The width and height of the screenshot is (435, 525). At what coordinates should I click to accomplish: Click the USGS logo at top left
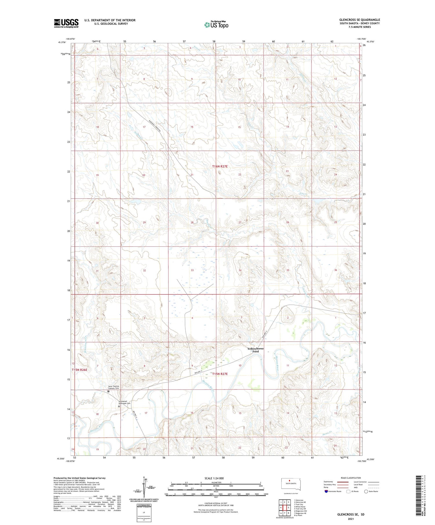[x=66, y=23]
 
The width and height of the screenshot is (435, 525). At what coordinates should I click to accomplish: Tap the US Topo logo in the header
[x=216, y=25]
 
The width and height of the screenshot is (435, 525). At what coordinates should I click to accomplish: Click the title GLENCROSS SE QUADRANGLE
[x=360, y=20]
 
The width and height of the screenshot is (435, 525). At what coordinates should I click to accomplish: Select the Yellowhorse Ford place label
[x=255, y=350]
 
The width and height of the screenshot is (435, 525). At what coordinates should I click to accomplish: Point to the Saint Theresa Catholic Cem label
[x=114, y=387]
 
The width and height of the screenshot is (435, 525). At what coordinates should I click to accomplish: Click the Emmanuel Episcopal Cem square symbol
[x=119, y=406]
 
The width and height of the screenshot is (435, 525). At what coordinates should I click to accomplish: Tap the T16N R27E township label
[x=220, y=167]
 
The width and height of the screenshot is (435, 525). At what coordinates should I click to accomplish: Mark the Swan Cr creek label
[x=327, y=432]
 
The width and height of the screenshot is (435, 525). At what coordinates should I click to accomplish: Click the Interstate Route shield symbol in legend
[x=327, y=491]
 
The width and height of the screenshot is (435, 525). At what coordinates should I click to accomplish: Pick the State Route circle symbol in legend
[x=366, y=491]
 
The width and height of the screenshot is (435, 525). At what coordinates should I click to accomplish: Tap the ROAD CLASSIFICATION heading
[x=351, y=478]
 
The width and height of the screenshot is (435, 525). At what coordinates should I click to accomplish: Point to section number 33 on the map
[x=192, y=270]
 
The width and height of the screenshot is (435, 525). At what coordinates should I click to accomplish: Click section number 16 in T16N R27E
[x=192, y=127]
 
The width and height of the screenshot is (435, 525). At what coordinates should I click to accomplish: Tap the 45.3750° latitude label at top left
[x=62, y=42]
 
